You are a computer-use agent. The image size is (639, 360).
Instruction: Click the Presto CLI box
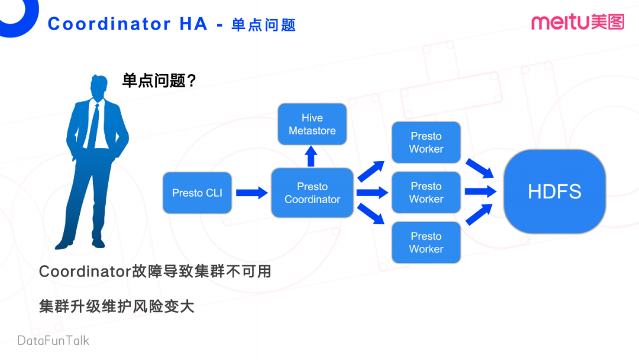[197, 193]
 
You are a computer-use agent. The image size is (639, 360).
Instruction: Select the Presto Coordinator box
[312, 193]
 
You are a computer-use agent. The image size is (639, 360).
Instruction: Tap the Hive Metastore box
[312, 124]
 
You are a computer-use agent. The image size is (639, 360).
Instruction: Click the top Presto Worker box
[426, 143]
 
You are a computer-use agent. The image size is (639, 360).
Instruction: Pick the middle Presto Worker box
[426, 192]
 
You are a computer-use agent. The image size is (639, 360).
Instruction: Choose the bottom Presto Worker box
[426, 243]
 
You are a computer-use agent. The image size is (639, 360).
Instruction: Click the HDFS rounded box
[554, 191]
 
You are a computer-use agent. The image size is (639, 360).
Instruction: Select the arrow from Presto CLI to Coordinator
[251, 193]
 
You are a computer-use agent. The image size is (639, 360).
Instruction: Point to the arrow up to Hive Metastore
[312, 156]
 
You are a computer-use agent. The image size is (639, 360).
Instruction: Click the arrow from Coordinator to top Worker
[372, 171]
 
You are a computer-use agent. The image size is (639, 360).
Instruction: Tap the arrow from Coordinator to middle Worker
[372, 192]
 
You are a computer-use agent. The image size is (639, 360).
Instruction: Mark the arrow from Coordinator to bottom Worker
[372, 214]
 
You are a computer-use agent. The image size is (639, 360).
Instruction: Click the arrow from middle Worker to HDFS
[480, 191]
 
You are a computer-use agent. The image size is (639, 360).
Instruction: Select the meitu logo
[577, 22]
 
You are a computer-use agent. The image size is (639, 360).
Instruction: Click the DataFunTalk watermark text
[53, 340]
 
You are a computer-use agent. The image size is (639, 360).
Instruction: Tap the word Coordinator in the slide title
[109, 24]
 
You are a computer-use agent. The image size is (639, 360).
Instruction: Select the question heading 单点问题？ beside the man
[159, 81]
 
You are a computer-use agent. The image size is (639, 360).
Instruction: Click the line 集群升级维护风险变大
[117, 307]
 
